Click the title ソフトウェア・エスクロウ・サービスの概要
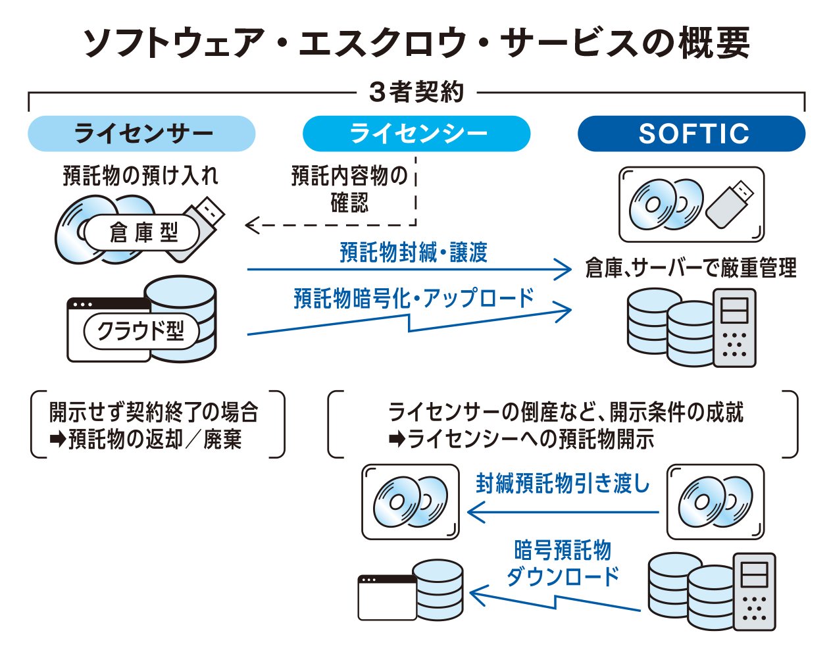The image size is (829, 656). pos(416,43)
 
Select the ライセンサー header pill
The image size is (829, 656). pos(141,134)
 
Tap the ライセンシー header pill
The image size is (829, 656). pos(416,134)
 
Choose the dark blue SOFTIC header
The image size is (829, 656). pos(691,134)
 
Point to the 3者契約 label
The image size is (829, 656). pos(416,92)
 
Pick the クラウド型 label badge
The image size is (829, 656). pos(141,331)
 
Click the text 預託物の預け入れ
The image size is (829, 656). pos(140,176)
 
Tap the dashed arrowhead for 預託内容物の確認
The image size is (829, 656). pos(251,226)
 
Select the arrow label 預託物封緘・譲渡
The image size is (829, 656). pos(413,253)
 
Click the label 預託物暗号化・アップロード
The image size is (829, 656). pos(414,299)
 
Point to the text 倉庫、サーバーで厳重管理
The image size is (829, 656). pos(691,268)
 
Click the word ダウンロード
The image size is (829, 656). pos(563,576)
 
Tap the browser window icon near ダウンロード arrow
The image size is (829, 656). pos(387,597)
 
